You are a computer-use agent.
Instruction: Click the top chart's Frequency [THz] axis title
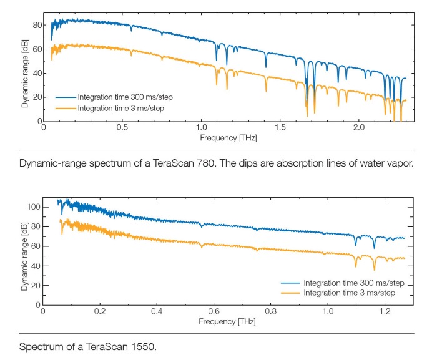coord(228,137)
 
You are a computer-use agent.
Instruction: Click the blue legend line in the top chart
coord(65,97)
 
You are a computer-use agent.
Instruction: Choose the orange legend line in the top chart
coord(65,108)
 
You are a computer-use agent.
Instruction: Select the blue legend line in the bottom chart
coord(290,283)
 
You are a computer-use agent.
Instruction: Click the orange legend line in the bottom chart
coord(290,293)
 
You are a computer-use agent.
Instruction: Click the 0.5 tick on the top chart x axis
coord(122,127)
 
